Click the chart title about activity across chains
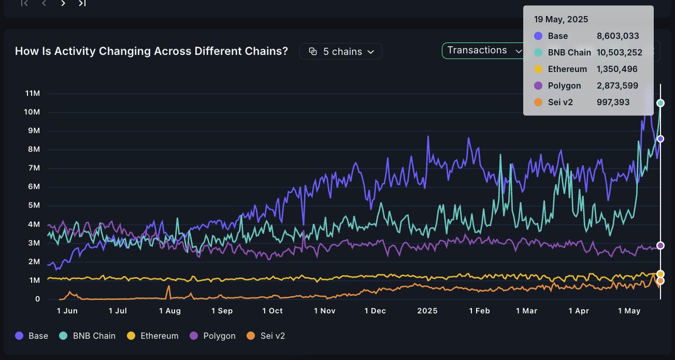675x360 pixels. pyautogui.click(x=151, y=51)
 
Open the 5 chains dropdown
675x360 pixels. pyautogui.click(x=341, y=51)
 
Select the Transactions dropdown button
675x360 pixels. pyautogui.click(x=483, y=50)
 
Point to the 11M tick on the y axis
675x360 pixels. pyautogui.click(x=32, y=93)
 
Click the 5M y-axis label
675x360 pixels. pyautogui.click(x=34, y=206)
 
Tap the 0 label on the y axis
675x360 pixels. pyautogui.click(x=37, y=299)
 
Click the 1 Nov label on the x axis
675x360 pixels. pyautogui.click(x=325, y=311)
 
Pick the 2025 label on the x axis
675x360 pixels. pyautogui.click(x=427, y=311)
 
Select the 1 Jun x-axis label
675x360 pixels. pyautogui.click(x=67, y=311)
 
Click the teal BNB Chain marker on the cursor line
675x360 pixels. pyautogui.click(x=660, y=103)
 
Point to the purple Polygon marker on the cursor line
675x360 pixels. pyautogui.click(x=660, y=246)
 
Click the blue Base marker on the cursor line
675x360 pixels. pyautogui.click(x=660, y=139)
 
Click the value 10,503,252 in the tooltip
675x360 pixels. pyautogui.click(x=620, y=52)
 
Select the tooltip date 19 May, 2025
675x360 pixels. pyautogui.click(x=561, y=20)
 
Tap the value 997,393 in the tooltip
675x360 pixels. pyautogui.click(x=613, y=102)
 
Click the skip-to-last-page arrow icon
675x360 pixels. pyautogui.click(x=82, y=3)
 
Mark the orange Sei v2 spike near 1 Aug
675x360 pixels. pyautogui.click(x=168, y=286)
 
